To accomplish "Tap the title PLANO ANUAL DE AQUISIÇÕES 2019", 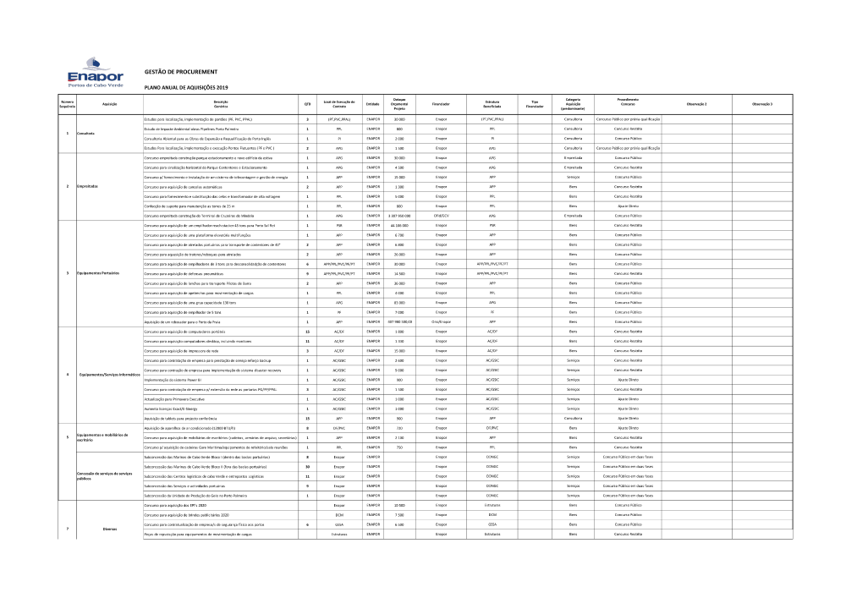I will click(x=187, y=87).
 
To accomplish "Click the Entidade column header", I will click(x=372, y=104).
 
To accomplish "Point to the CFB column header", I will click(x=307, y=104).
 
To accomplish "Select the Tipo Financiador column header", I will click(x=534, y=104).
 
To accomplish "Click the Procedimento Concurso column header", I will click(x=627, y=102).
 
